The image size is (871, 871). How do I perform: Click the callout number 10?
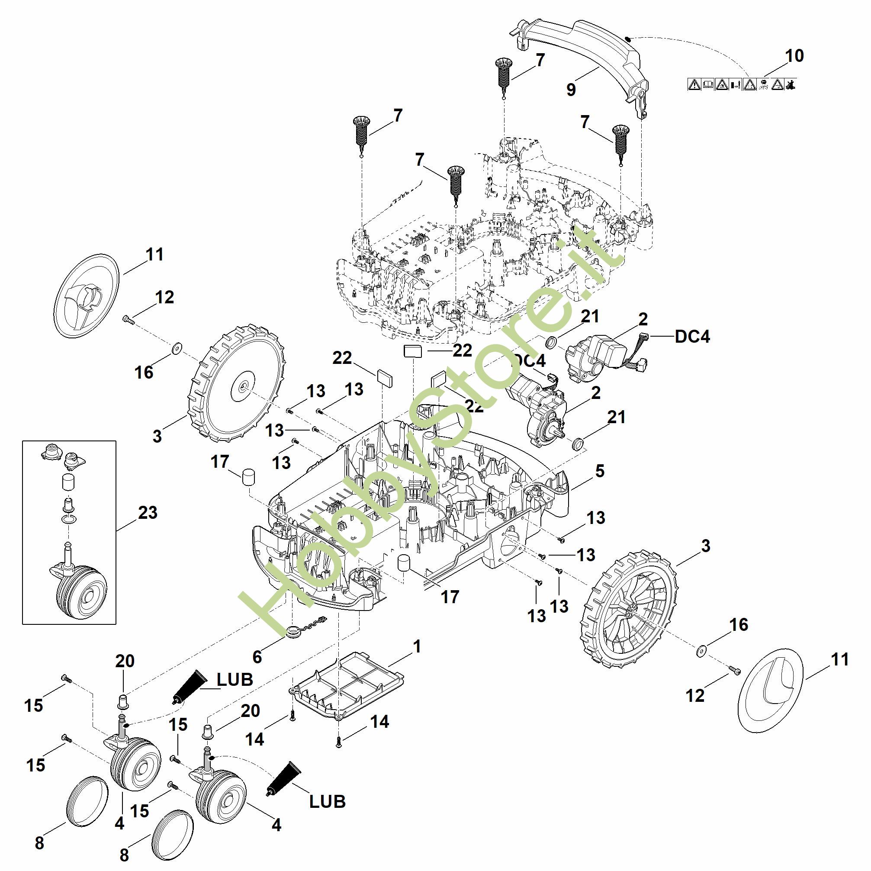[794, 56]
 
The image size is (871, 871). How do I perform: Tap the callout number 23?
[148, 513]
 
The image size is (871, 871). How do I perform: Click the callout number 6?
[257, 657]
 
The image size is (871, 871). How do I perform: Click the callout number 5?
[599, 471]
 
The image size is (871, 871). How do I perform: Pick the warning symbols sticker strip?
[742, 84]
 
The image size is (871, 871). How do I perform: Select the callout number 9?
[571, 90]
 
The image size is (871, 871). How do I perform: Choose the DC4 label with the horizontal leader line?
[692, 336]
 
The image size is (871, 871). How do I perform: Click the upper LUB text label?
[235, 679]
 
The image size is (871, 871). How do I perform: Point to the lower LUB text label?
[327, 801]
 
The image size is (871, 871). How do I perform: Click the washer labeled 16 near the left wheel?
[176, 347]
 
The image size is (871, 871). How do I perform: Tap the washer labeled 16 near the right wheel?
[700, 652]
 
